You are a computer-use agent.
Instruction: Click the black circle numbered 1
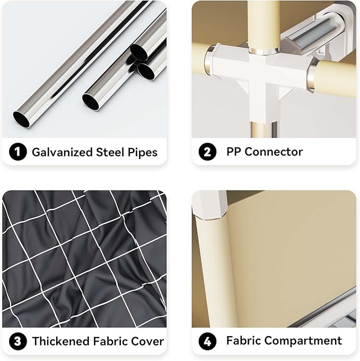[x=17, y=152]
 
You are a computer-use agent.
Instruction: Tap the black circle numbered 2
[x=207, y=152]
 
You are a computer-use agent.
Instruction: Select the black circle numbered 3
[x=17, y=341]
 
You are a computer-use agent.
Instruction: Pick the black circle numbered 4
[x=207, y=341]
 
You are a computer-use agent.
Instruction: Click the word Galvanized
[x=62, y=152]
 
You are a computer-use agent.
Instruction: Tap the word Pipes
[x=142, y=153]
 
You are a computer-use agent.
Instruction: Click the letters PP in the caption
[x=234, y=152]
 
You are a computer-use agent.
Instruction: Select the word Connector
[x=274, y=152]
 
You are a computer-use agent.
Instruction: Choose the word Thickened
[x=61, y=341]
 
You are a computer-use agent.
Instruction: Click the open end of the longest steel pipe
[x=21, y=119]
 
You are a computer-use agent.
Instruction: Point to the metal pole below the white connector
[x=265, y=130]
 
